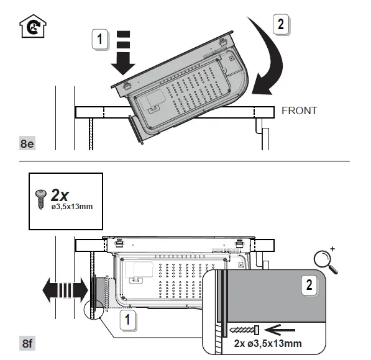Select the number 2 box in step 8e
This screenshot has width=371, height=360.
(x=281, y=25)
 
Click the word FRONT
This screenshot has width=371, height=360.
(x=299, y=111)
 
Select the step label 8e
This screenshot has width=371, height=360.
(x=27, y=144)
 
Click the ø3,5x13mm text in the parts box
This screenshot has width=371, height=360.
(x=72, y=207)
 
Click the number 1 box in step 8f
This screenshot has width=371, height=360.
(x=127, y=321)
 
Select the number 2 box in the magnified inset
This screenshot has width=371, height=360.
(x=309, y=286)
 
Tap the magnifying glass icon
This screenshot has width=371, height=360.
(x=327, y=261)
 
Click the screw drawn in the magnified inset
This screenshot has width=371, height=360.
(x=244, y=328)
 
